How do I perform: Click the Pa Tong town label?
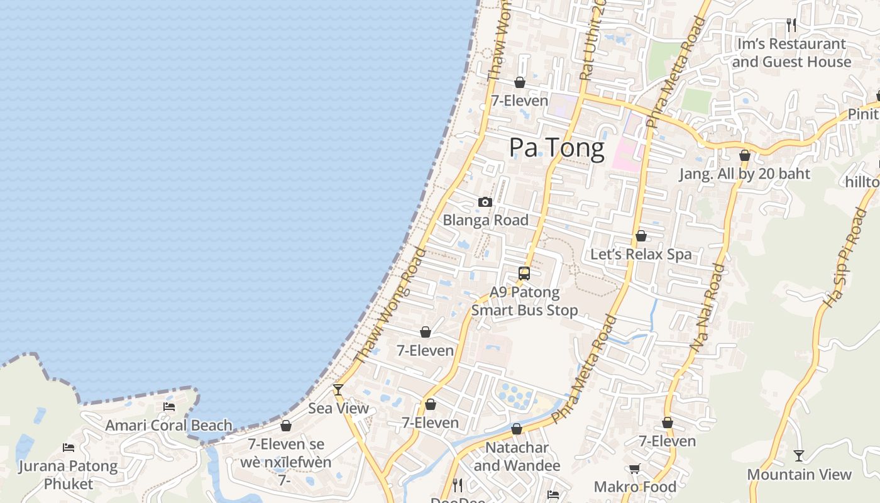[x=556, y=147]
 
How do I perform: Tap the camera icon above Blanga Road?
[x=485, y=202]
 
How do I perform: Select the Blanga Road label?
[x=485, y=220]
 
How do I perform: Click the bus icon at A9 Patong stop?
[x=524, y=274]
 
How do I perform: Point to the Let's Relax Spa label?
[x=641, y=254]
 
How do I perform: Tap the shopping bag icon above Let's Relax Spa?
[x=641, y=236]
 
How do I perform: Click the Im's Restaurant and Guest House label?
[x=791, y=53]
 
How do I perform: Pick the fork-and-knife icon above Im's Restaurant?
[x=791, y=25]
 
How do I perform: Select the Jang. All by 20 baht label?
[x=745, y=174]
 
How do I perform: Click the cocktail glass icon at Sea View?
[x=338, y=390]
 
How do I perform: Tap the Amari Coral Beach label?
[x=168, y=425]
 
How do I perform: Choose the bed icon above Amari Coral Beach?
[x=169, y=407]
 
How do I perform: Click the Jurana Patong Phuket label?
[x=69, y=475]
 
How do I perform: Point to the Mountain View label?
[x=799, y=474]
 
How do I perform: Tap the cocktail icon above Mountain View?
[x=799, y=455]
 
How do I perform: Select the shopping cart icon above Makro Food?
[x=635, y=468]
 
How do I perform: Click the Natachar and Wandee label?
[x=517, y=456]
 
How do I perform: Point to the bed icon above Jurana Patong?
[x=69, y=448]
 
